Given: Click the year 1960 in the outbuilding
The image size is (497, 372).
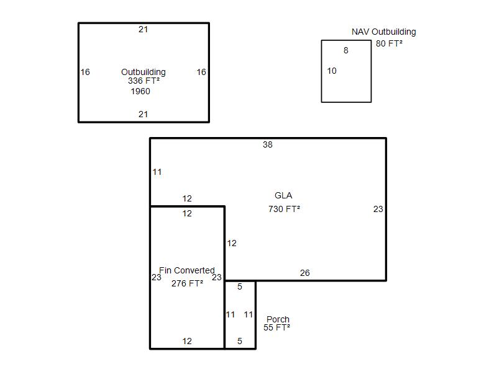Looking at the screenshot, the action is click(x=140, y=91).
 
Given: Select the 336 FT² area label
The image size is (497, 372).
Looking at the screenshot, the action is click(x=144, y=81).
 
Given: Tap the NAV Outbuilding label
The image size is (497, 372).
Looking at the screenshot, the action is click(x=383, y=32).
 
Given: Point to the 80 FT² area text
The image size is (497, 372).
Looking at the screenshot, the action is click(x=389, y=43).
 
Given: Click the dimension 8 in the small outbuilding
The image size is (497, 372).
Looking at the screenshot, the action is click(x=346, y=50).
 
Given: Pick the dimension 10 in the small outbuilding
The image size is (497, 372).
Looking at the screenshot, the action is click(x=332, y=71).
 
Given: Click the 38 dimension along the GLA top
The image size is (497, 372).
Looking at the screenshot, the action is click(x=268, y=144).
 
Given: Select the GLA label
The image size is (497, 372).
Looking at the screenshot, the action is click(x=283, y=195).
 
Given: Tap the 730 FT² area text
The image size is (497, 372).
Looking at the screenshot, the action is click(x=284, y=209).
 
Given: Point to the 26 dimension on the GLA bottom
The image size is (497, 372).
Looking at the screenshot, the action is click(x=305, y=273).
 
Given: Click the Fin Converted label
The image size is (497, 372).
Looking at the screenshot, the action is click(x=187, y=270).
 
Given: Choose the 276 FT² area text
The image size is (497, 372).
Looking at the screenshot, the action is click(x=187, y=283).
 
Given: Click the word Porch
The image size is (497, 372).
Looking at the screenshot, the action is click(x=278, y=319).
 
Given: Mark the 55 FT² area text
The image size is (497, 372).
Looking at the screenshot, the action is click(x=276, y=328).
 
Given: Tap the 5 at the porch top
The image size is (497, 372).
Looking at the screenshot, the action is click(x=240, y=286).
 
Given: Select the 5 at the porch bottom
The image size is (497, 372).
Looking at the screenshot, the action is click(x=240, y=341).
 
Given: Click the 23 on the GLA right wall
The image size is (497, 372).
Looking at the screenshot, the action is click(x=378, y=209).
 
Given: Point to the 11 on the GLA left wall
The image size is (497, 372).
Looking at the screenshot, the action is click(x=157, y=172).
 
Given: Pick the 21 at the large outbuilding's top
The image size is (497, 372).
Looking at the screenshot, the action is click(x=144, y=29).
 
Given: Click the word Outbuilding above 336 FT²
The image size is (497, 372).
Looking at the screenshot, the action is click(x=144, y=72).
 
